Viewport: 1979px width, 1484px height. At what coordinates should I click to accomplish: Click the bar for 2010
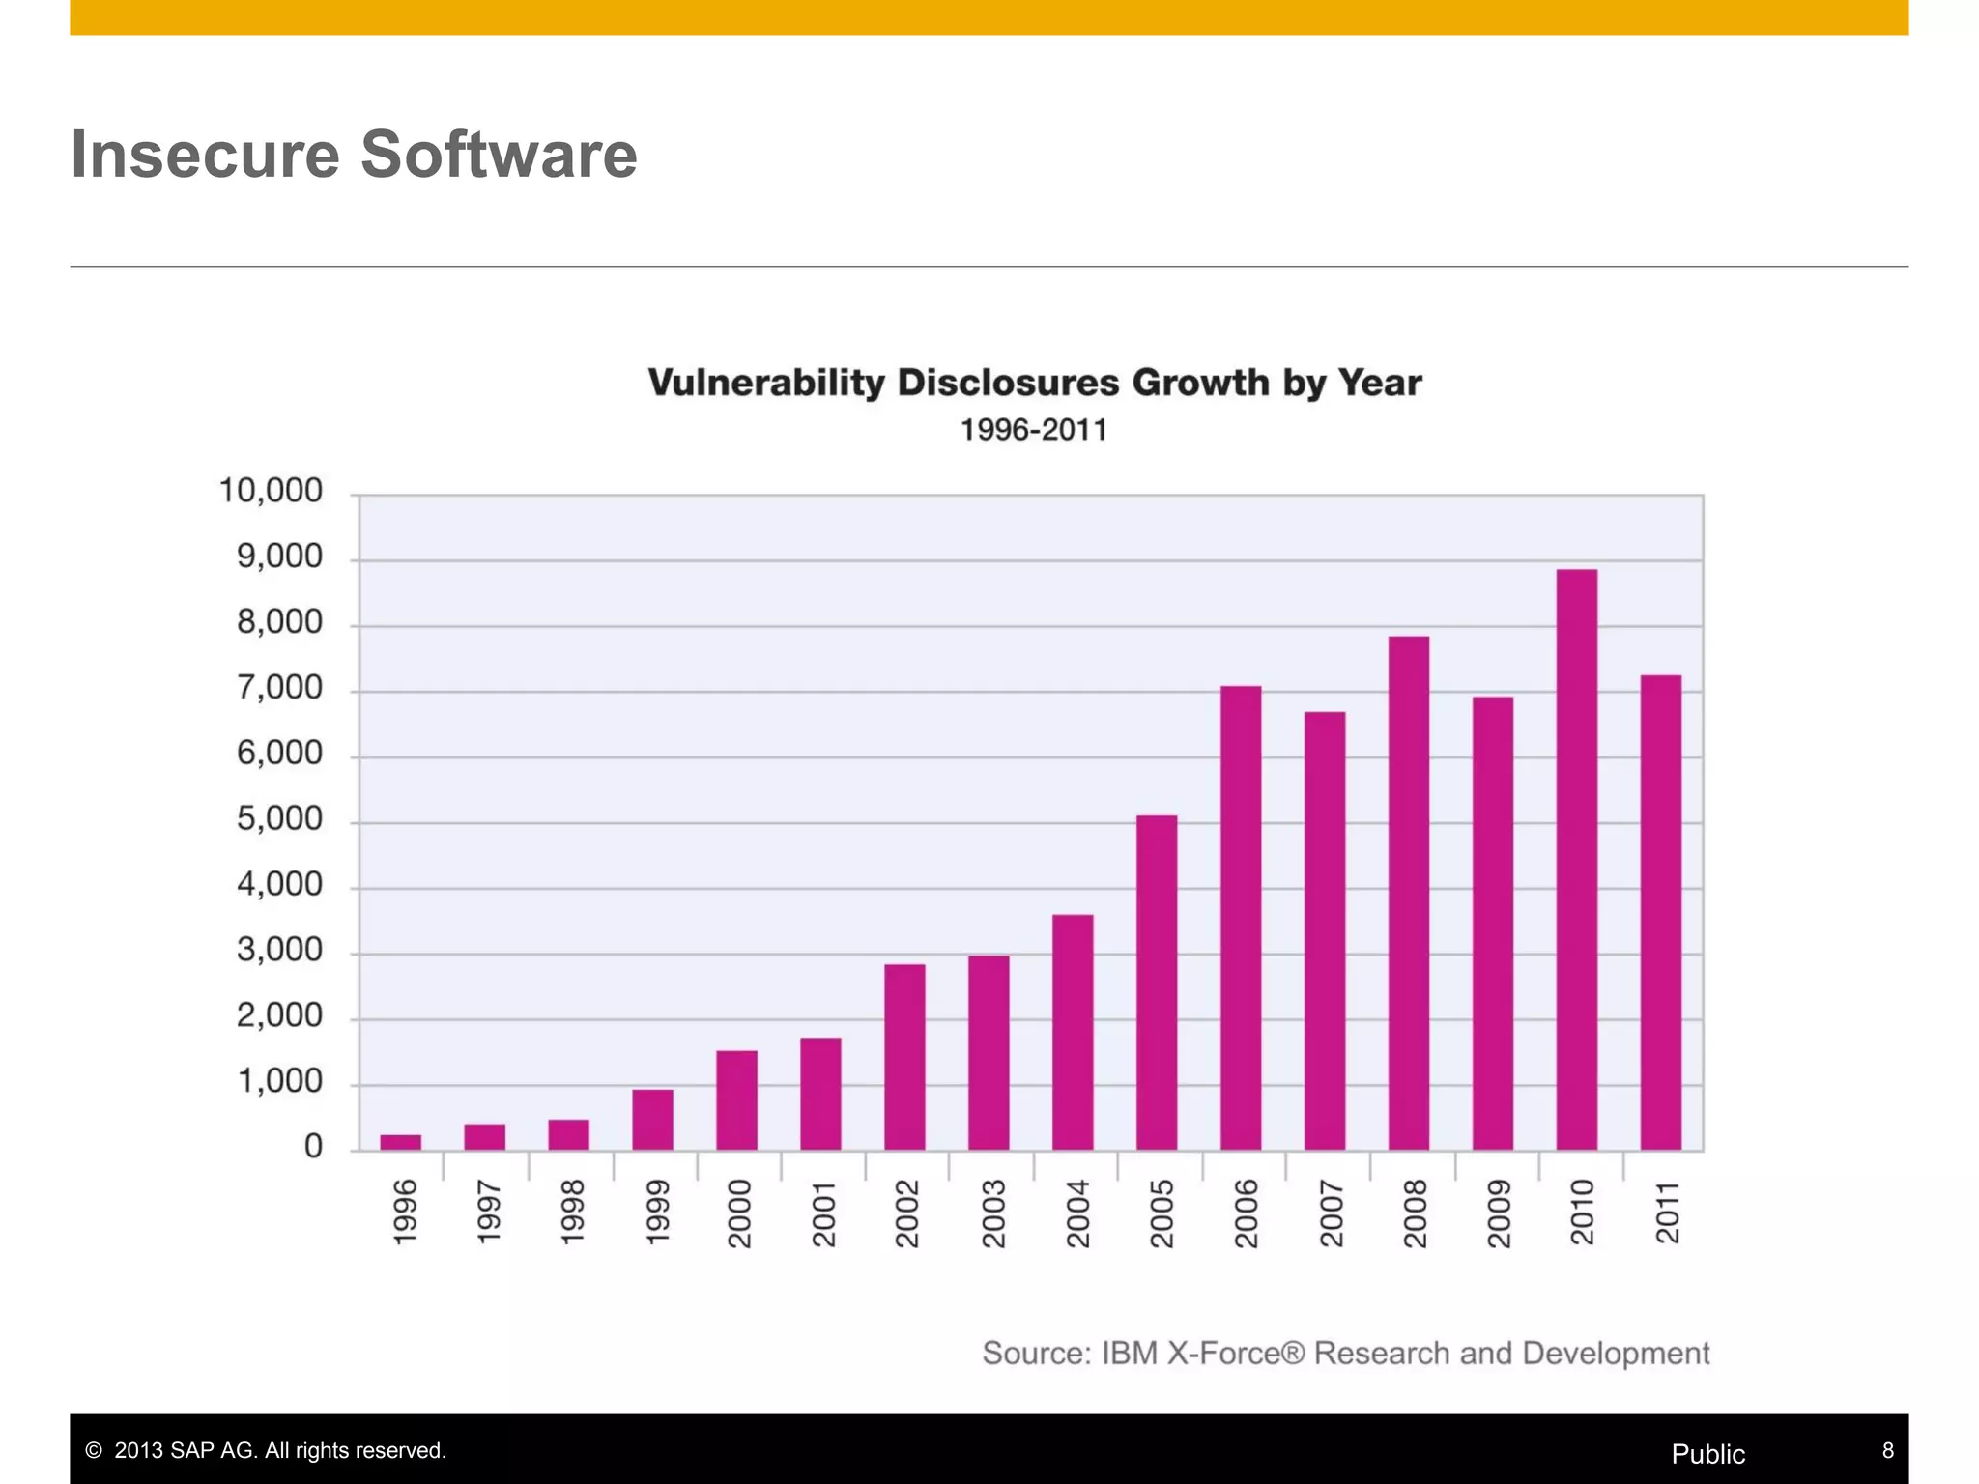(x=1576, y=860)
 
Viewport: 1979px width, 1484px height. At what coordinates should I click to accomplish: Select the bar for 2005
(x=1157, y=983)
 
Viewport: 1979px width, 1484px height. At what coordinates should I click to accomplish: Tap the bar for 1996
(x=400, y=1142)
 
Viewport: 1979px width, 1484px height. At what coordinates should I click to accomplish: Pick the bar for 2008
(x=1408, y=893)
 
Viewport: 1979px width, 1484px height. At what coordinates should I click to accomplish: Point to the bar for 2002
(x=904, y=1057)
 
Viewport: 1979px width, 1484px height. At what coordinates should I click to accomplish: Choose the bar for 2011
(x=1660, y=912)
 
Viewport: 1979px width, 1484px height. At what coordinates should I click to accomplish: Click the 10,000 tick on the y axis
(x=271, y=491)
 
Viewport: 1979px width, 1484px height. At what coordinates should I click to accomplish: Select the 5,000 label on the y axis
(x=279, y=819)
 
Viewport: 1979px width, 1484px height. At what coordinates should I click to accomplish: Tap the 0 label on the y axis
(x=313, y=1147)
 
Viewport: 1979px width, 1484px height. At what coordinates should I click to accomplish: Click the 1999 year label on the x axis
(x=656, y=1213)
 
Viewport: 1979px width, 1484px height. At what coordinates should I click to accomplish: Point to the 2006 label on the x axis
(x=1246, y=1213)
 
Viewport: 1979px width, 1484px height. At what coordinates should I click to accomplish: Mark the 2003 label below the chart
(x=992, y=1213)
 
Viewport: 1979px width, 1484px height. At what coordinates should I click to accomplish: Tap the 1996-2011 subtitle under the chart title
(x=1033, y=430)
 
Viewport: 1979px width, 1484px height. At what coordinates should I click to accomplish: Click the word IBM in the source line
(x=1129, y=1353)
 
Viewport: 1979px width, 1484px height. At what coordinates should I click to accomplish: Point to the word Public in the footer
(x=1707, y=1454)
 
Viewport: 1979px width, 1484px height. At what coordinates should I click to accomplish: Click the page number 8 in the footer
(x=1887, y=1451)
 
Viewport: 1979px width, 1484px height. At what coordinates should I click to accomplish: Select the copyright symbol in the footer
(x=94, y=1451)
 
